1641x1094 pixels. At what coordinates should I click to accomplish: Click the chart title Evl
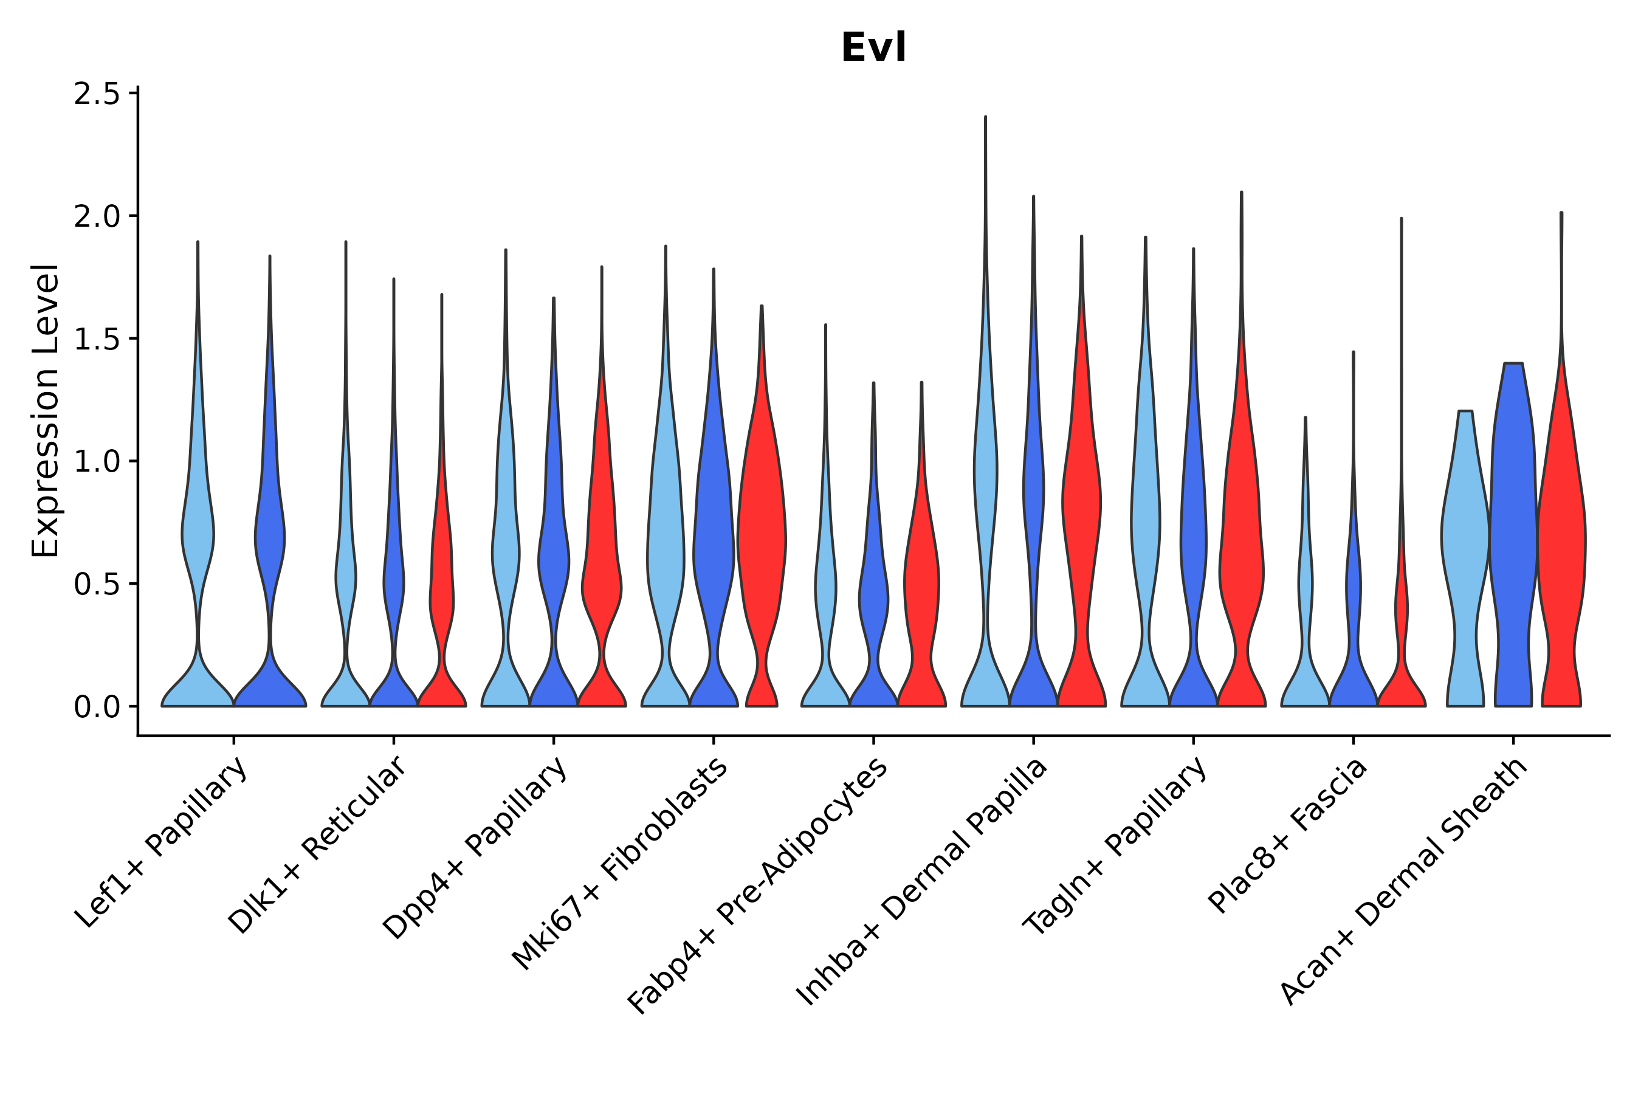pyautogui.click(x=873, y=47)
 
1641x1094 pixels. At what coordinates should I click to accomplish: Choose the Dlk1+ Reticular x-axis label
pyautogui.click(x=317, y=845)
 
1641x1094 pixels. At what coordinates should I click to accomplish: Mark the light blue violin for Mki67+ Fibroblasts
pyautogui.click(x=665, y=544)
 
